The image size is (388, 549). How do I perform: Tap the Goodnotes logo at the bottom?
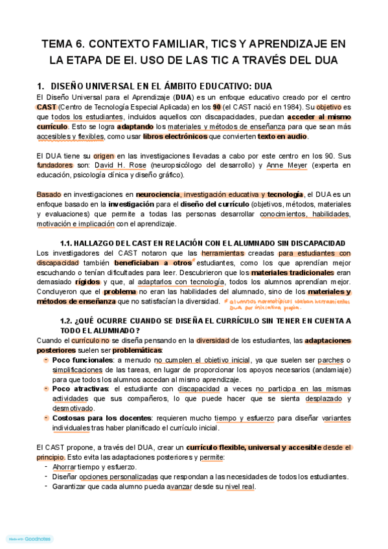(x=29, y=539)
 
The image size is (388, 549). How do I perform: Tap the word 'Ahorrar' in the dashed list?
(x=67, y=467)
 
